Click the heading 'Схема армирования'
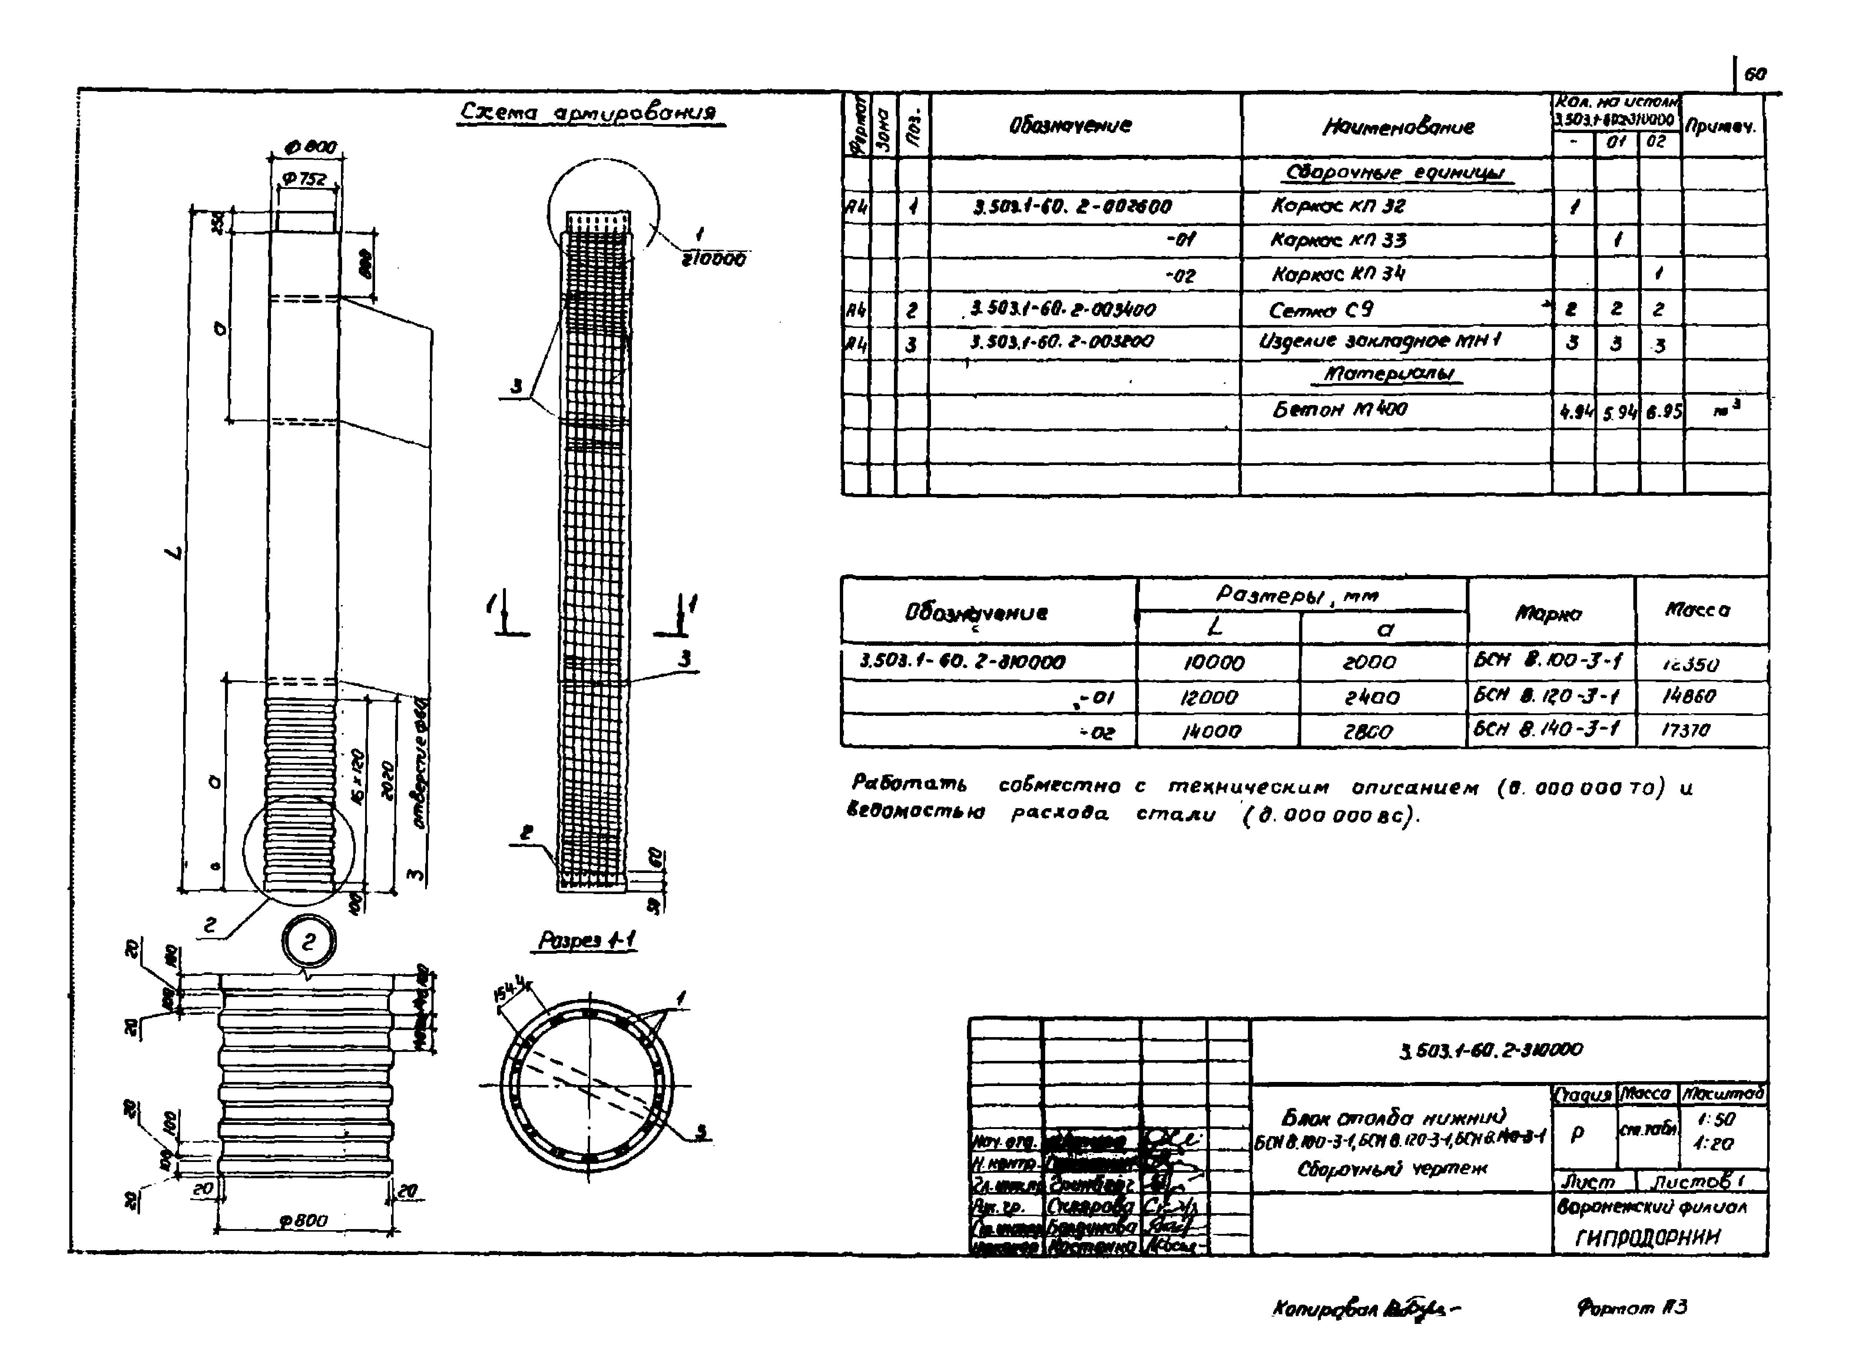pos(590,113)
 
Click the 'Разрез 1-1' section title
pos(586,940)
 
